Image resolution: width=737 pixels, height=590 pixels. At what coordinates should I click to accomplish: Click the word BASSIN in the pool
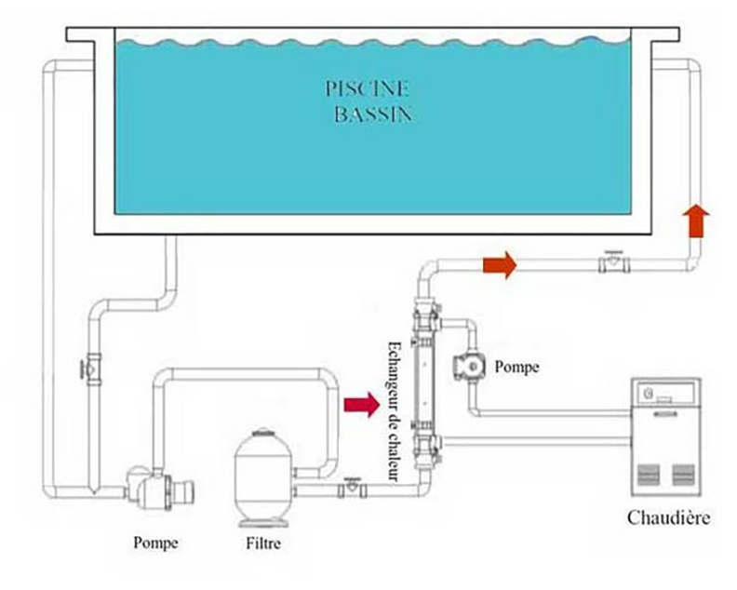click(371, 115)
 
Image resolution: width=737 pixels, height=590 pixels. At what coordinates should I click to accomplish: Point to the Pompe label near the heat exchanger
click(516, 366)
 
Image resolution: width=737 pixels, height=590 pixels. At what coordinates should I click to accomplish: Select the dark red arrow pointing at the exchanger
click(362, 404)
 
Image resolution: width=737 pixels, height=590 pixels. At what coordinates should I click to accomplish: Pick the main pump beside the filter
click(149, 485)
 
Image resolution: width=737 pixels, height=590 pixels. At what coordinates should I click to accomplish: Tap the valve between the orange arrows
click(611, 263)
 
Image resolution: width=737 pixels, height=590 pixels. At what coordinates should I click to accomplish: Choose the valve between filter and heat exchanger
click(351, 485)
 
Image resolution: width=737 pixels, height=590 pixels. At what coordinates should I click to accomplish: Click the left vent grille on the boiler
click(649, 474)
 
